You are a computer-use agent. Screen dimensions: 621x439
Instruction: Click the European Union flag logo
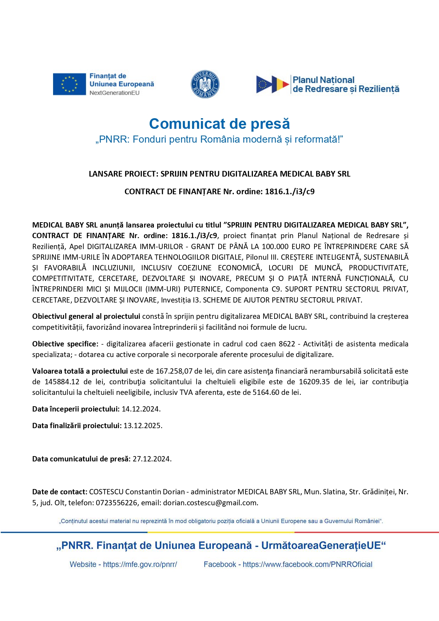pyautogui.click(x=69, y=84)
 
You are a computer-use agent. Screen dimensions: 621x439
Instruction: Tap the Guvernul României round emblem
pyautogui.click(x=205, y=84)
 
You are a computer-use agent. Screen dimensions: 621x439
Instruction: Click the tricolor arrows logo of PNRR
pyautogui.click(x=272, y=84)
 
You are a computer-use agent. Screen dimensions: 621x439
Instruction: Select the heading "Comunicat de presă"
pyautogui.click(x=219, y=124)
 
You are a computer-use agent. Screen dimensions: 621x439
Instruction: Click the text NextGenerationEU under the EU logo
pyautogui.click(x=115, y=93)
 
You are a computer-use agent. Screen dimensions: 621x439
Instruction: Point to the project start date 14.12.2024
pyautogui.click(x=140, y=409)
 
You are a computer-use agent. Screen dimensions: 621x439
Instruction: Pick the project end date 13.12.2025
pyautogui.click(x=142, y=426)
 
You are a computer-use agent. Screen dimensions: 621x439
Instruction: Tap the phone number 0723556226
pyautogui.click(x=116, y=503)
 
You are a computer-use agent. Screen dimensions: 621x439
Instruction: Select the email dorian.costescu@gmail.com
pyautogui.click(x=210, y=503)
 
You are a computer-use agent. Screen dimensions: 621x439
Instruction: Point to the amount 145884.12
pyautogui.click(x=62, y=382)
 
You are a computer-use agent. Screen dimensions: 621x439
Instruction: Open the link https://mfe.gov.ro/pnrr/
pyautogui.click(x=140, y=564)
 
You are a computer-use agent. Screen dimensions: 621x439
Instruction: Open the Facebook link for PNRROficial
pyautogui.click(x=307, y=564)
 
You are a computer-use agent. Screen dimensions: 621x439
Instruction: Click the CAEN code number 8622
pyautogui.click(x=287, y=344)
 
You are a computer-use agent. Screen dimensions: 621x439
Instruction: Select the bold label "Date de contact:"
pyautogui.click(x=60, y=492)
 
